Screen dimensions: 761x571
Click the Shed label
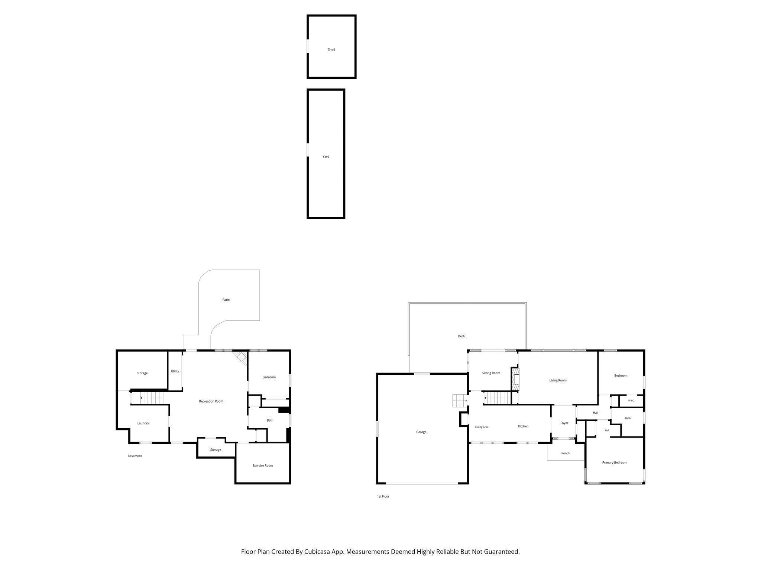tap(331, 49)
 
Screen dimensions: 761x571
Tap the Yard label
tap(326, 157)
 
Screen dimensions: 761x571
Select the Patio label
tap(226, 300)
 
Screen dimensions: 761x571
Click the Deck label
tap(461, 336)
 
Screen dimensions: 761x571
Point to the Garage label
tap(421, 432)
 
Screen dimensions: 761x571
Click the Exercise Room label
tap(263, 465)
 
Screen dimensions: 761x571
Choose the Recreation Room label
tap(211, 401)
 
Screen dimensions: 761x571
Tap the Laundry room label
tap(143, 423)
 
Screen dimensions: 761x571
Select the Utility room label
tap(175, 371)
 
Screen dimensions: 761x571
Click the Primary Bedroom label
tap(615, 462)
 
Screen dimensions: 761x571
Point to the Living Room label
tap(558, 380)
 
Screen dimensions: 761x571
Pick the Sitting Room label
tap(491, 373)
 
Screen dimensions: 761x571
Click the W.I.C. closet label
tap(631, 400)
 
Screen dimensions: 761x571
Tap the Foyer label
tap(564, 423)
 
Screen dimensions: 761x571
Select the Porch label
tap(565, 453)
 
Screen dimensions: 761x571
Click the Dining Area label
tap(482, 427)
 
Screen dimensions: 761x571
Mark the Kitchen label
tap(523, 426)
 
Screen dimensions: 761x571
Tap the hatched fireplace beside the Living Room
tap(515, 379)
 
